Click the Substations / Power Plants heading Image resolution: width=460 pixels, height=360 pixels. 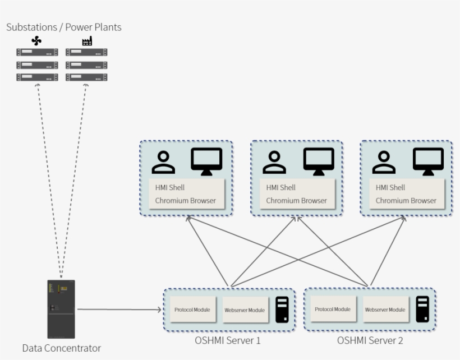(x=63, y=27)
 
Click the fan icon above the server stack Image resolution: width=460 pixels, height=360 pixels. (x=36, y=40)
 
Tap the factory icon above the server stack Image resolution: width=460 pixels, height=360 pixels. (x=86, y=40)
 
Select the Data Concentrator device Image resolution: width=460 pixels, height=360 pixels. (x=61, y=308)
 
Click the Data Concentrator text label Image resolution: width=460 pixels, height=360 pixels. (x=61, y=348)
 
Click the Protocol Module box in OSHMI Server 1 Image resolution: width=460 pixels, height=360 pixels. (x=192, y=310)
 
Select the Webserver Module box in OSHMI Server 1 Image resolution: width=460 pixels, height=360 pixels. (x=244, y=310)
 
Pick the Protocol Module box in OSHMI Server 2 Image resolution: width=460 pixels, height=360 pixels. (x=333, y=309)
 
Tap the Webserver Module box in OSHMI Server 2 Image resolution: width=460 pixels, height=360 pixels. (x=385, y=310)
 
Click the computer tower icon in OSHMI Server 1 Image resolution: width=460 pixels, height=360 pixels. (x=282, y=310)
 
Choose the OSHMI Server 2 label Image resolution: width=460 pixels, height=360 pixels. (x=370, y=340)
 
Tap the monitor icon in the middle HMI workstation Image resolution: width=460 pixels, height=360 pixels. (x=319, y=160)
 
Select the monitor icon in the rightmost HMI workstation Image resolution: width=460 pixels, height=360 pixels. (x=428, y=160)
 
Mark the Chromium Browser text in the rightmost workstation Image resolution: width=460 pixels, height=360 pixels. (x=406, y=200)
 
